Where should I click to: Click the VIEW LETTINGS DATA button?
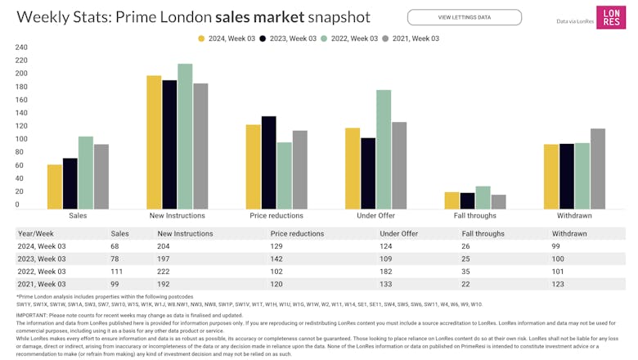pos(464,17)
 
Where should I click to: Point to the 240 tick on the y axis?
pos(22,47)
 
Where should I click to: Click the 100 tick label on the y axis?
pos(22,139)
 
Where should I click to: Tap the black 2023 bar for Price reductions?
pos(269,162)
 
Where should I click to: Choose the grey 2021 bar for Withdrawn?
pos(598,168)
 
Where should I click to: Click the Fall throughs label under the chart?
pos(475,216)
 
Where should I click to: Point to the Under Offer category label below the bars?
pos(375,216)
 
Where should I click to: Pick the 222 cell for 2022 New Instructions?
pos(164,271)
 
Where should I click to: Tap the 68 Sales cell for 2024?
pos(115,246)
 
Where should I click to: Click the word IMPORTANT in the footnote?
pos(32,315)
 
